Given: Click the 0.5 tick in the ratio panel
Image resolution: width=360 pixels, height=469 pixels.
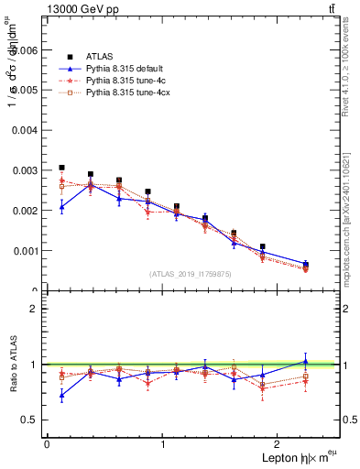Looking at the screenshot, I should [31, 420].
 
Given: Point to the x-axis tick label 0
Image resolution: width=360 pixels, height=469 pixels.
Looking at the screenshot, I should [47, 444].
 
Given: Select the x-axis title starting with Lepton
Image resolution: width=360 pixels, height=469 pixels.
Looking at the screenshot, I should [299, 457].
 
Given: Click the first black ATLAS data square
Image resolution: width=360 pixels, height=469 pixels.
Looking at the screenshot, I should [61, 169].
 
